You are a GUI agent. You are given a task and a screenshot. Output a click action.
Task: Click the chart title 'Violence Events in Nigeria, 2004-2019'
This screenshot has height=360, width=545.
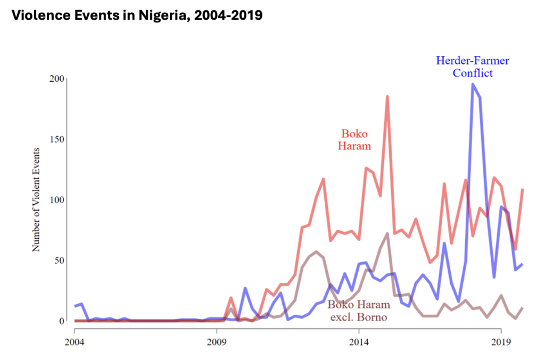tap(137, 15)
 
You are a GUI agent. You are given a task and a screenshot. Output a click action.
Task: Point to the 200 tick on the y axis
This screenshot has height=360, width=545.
tap(57, 79)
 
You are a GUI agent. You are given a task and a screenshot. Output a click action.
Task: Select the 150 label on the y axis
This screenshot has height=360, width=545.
tap(57, 139)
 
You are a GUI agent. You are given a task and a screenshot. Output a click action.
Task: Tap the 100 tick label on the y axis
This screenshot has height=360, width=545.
tap(57, 200)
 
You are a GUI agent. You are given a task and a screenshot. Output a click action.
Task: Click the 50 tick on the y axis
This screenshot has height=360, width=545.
tap(59, 261)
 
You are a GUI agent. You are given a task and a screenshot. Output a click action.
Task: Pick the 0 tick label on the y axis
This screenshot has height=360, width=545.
tap(61, 321)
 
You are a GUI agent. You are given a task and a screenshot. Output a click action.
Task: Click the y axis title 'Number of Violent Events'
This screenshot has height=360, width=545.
tap(37, 200)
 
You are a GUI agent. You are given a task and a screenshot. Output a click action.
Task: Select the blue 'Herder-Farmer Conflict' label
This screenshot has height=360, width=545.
tap(473, 66)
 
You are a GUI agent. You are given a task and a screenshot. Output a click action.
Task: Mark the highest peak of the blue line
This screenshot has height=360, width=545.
tap(473, 84)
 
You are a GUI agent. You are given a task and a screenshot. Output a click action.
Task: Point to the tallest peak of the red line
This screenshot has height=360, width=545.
tap(387, 96)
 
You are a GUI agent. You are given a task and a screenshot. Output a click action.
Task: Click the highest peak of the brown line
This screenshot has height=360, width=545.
tap(387, 233)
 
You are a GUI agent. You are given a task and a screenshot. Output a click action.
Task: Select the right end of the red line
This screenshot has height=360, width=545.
tap(523, 189)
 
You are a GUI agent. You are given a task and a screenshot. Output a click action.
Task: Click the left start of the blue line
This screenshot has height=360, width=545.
tap(75, 306)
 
